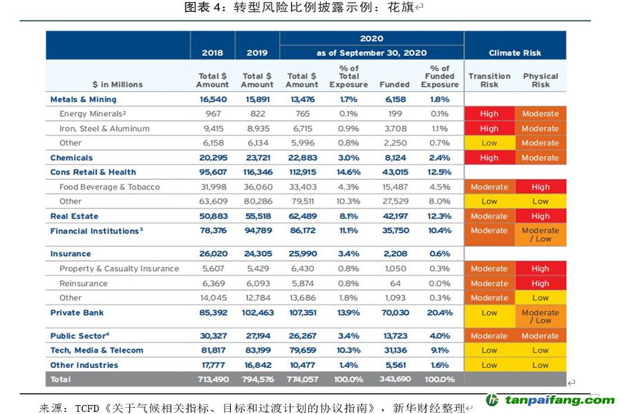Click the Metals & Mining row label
coord(84,99)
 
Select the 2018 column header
coord(212,53)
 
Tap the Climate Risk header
coord(515,53)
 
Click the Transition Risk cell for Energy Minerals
coord(489,114)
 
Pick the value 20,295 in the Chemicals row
coord(212,158)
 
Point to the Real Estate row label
coord(75,216)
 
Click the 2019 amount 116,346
coord(257,172)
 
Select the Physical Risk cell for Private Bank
coord(540,317)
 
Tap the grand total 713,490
coord(212,379)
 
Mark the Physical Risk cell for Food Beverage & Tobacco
coord(540,187)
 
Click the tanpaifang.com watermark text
coord(560,400)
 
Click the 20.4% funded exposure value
coord(440,313)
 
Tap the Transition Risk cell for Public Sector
coord(489,336)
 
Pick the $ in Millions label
coord(117,85)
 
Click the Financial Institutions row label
coord(96,231)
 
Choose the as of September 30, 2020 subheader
coord(372,53)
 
